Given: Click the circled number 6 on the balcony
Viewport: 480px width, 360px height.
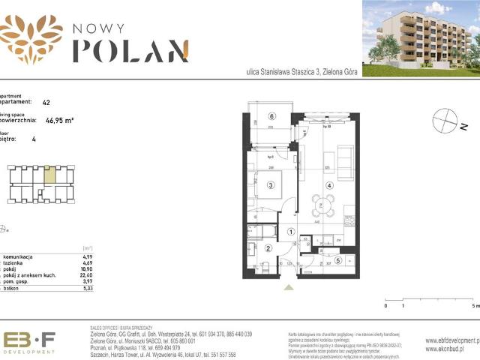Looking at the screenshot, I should (273, 115).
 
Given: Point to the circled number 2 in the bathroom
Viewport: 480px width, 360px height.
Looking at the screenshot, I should (268, 248).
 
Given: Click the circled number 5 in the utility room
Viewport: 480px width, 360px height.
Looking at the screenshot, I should (337, 260).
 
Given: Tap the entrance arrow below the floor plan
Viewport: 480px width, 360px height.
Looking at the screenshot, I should (289, 286).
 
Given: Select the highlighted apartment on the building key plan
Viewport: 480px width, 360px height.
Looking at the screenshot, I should (49, 175).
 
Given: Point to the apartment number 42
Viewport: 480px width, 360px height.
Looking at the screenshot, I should (46, 102).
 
